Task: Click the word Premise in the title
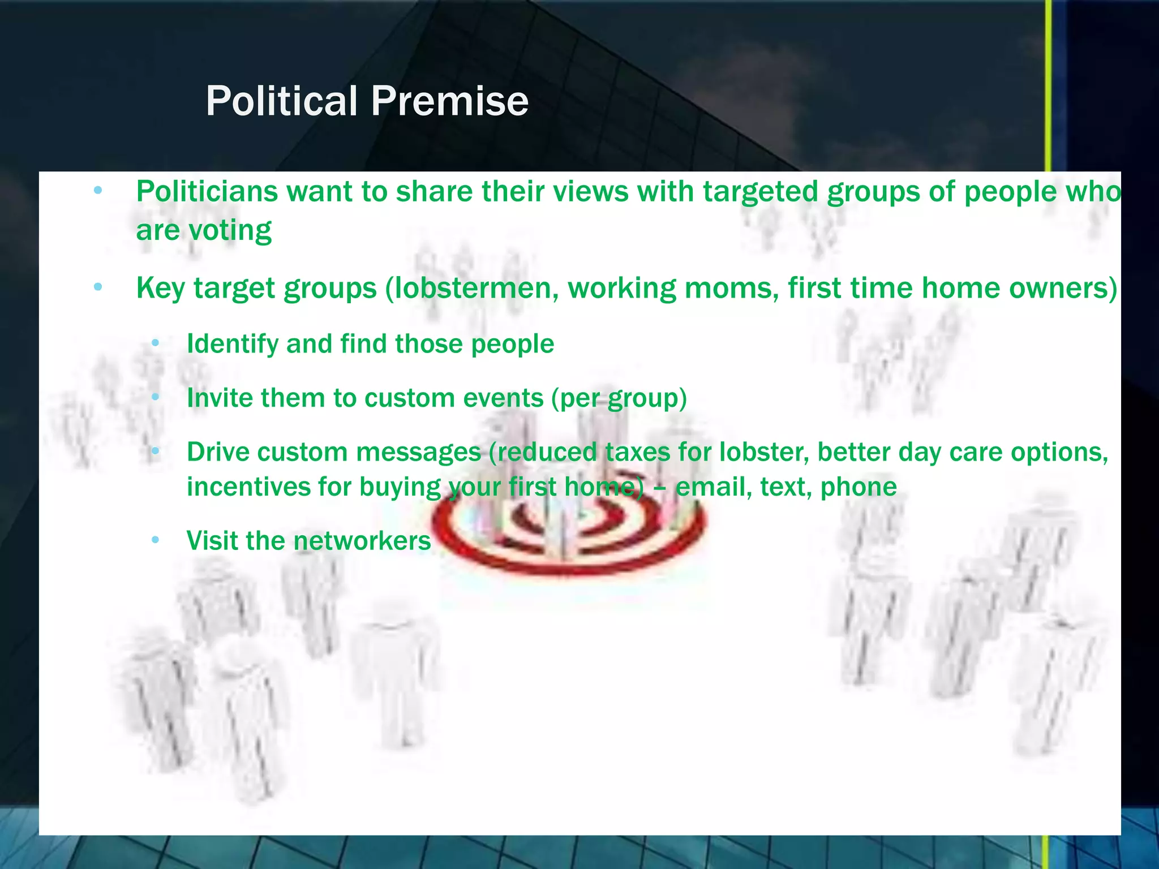[x=449, y=101]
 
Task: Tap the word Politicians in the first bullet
[x=207, y=191]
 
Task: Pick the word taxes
[x=637, y=452]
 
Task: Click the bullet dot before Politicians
[x=98, y=191]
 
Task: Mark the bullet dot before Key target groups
[x=98, y=288]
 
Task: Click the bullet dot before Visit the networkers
[x=156, y=540]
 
